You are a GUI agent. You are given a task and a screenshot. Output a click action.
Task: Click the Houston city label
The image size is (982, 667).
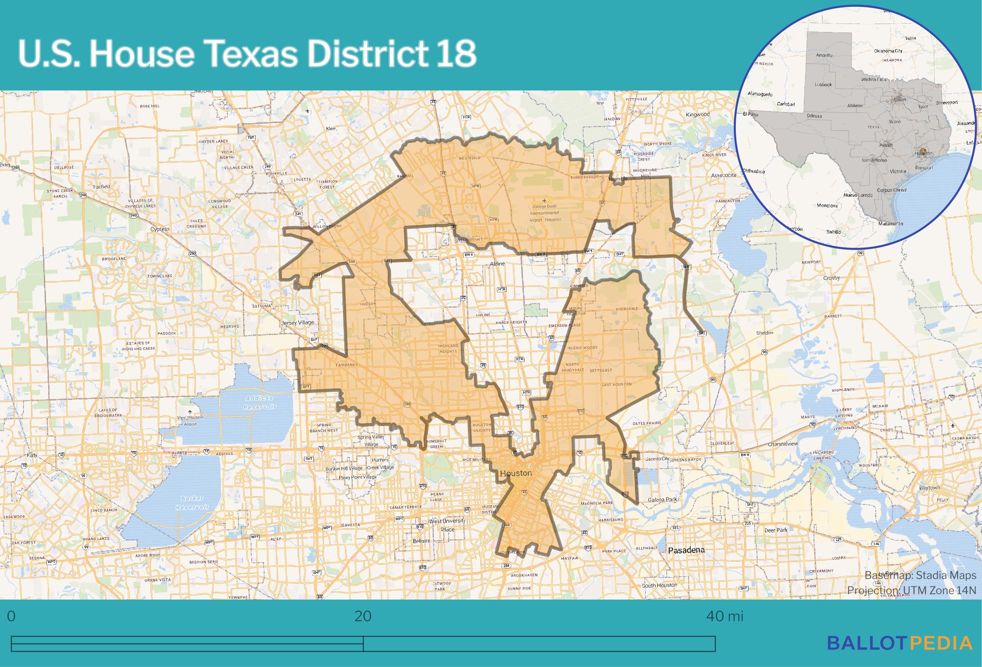(516, 473)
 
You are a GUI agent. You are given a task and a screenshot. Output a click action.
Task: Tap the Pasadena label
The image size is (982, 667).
(686, 550)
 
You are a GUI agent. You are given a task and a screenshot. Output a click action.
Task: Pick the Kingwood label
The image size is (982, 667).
(697, 114)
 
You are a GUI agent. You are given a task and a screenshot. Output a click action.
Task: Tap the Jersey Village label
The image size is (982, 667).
(297, 323)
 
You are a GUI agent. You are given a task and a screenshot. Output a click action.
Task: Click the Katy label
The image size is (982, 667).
(32, 455)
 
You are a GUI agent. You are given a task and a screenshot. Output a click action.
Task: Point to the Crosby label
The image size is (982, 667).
(831, 278)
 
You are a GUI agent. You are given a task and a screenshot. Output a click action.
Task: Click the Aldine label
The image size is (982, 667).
(497, 264)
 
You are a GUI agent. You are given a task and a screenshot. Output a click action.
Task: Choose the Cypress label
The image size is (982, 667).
(160, 229)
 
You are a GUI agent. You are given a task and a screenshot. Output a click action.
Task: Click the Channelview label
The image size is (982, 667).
(783, 444)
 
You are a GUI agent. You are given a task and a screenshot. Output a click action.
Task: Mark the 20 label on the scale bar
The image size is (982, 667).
(363, 616)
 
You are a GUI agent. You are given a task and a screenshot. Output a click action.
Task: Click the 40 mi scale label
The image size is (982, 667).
(724, 616)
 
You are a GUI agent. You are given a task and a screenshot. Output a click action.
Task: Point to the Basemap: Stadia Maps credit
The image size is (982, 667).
(920, 575)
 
